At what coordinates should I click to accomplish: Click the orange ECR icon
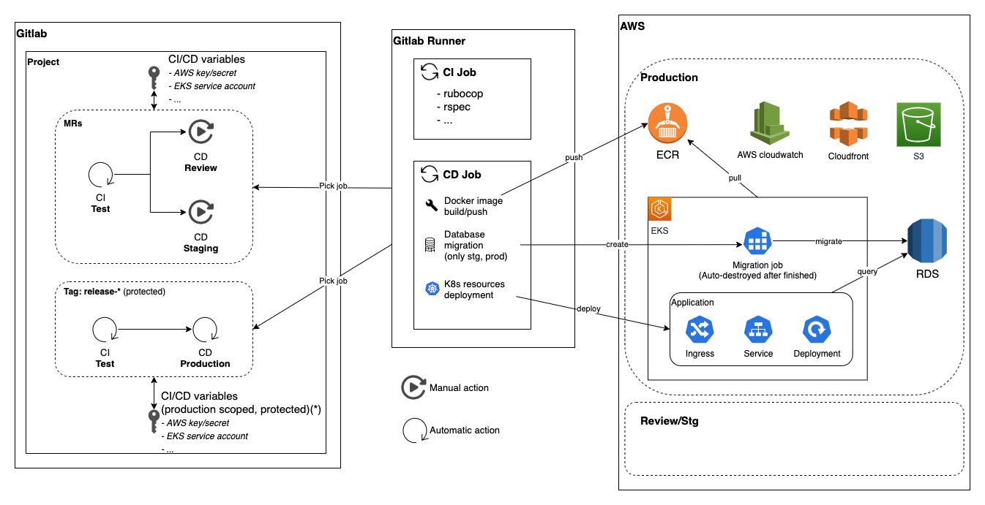pyautogui.click(x=667, y=123)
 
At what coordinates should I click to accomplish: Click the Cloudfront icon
pyautogui.click(x=847, y=124)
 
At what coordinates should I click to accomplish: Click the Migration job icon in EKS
pyautogui.click(x=758, y=242)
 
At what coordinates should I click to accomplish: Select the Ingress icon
pyautogui.click(x=700, y=330)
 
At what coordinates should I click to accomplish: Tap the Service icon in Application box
pyautogui.click(x=758, y=330)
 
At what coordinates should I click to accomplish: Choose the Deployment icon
pyautogui.click(x=817, y=330)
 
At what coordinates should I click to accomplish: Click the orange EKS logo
pyautogui.click(x=661, y=209)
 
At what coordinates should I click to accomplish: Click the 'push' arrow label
pyautogui.click(x=574, y=157)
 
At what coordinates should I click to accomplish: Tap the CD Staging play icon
pyautogui.click(x=201, y=213)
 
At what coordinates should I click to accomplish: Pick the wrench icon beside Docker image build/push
pyautogui.click(x=431, y=205)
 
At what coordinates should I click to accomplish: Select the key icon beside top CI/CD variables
pyautogui.click(x=154, y=76)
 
